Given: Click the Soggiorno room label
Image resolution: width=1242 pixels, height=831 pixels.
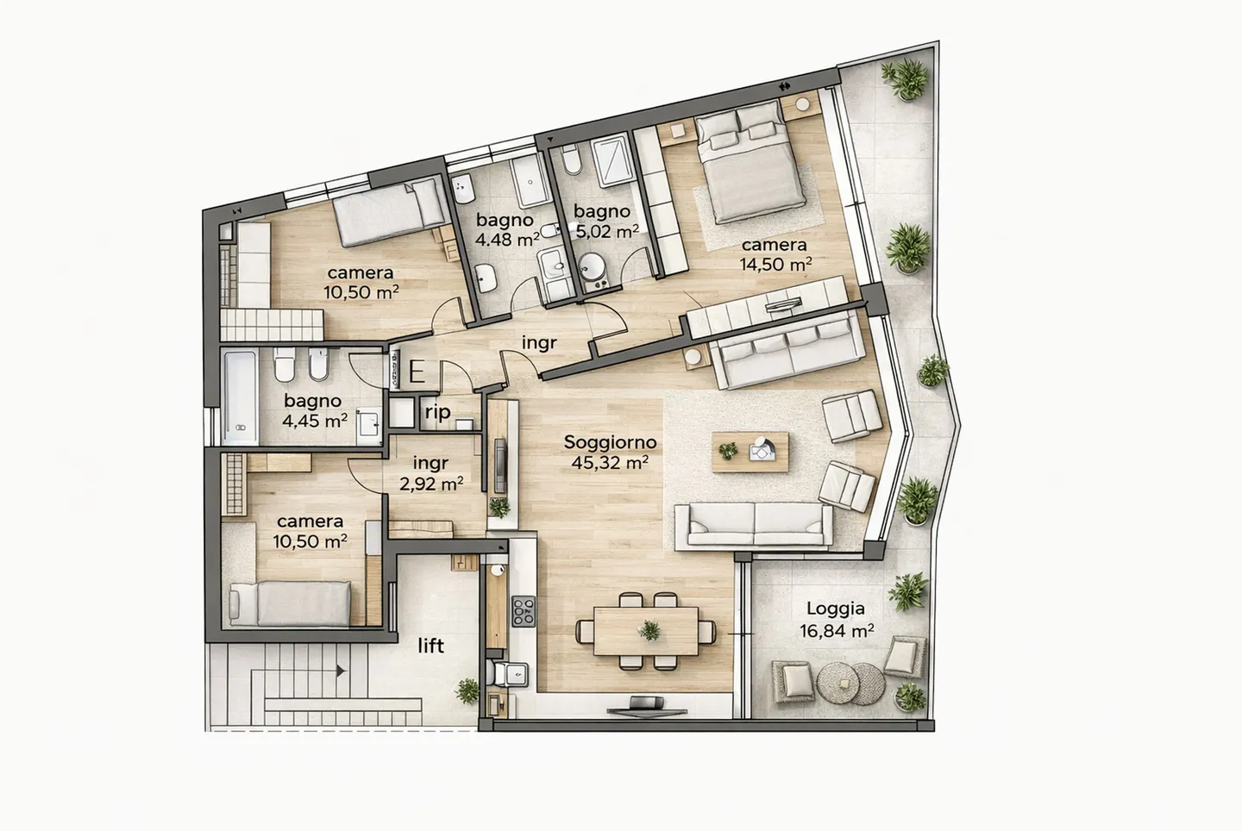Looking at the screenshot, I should point(610,442).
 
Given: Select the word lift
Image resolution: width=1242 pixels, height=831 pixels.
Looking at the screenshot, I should point(430,645).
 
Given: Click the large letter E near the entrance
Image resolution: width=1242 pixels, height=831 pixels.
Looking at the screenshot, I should point(416,372).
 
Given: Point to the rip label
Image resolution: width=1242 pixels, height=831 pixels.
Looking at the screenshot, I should point(437,413).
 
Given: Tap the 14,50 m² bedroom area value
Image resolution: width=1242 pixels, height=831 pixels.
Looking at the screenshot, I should point(775,265).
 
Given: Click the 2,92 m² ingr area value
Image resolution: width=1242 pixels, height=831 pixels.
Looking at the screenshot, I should point(430,484).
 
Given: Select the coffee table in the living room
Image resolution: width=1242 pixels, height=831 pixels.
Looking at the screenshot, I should point(750,451).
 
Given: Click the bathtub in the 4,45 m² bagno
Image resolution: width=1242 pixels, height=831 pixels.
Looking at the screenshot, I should point(241,397).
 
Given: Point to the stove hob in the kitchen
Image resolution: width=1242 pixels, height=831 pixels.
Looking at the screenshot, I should point(524,610).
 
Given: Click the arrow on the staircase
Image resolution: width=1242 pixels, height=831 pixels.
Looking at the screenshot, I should point(341,670).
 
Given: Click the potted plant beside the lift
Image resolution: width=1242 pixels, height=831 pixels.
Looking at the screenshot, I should point(467,690).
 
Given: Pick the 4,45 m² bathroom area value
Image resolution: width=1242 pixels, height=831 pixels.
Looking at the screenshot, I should point(315,421).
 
